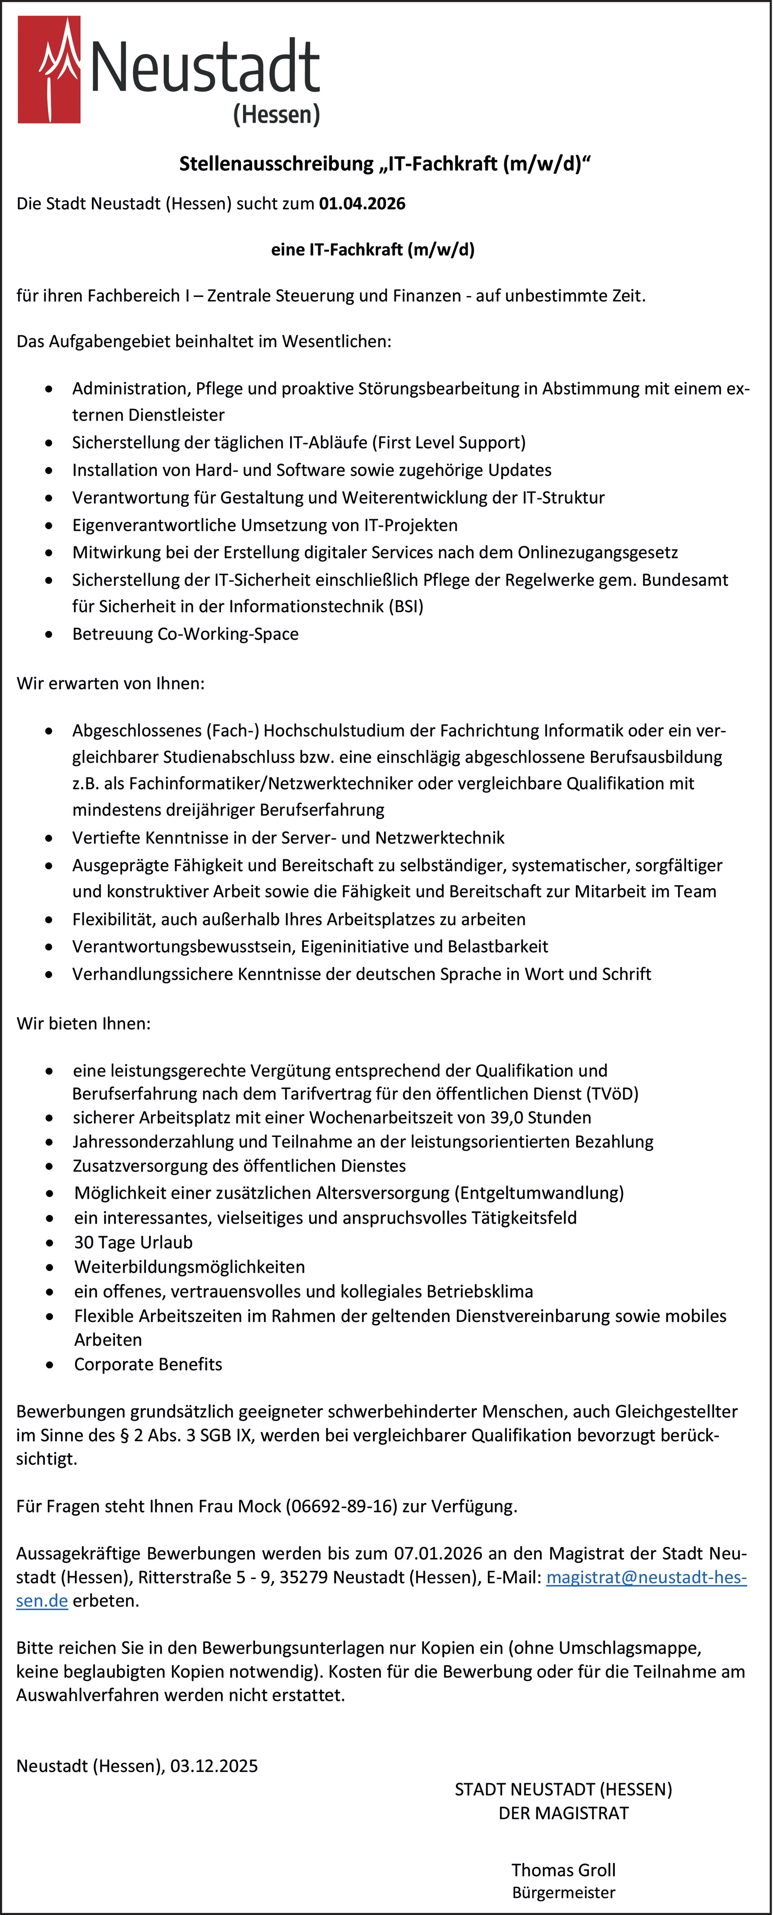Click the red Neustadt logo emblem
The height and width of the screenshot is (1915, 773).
pyautogui.click(x=49, y=70)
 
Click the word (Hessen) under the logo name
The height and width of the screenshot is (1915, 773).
pyautogui.click(x=276, y=114)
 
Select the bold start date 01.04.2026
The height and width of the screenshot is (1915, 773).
pyautogui.click(x=362, y=204)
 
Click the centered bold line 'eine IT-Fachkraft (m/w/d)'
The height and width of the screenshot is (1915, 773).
pyautogui.click(x=372, y=250)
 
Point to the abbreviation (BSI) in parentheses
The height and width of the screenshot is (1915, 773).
pyautogui.click(x=406, y=607)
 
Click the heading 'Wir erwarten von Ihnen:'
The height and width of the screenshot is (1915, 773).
pyautogui.click(x=110, y=683)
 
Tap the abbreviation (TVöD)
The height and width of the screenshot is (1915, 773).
pyautogui.click(x=612, y=1094)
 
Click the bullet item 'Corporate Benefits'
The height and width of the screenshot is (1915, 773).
pyautogui.click(x=148, y=1364)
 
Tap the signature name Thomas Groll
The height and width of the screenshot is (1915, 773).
pyautogui.click(x=563, y=1870)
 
